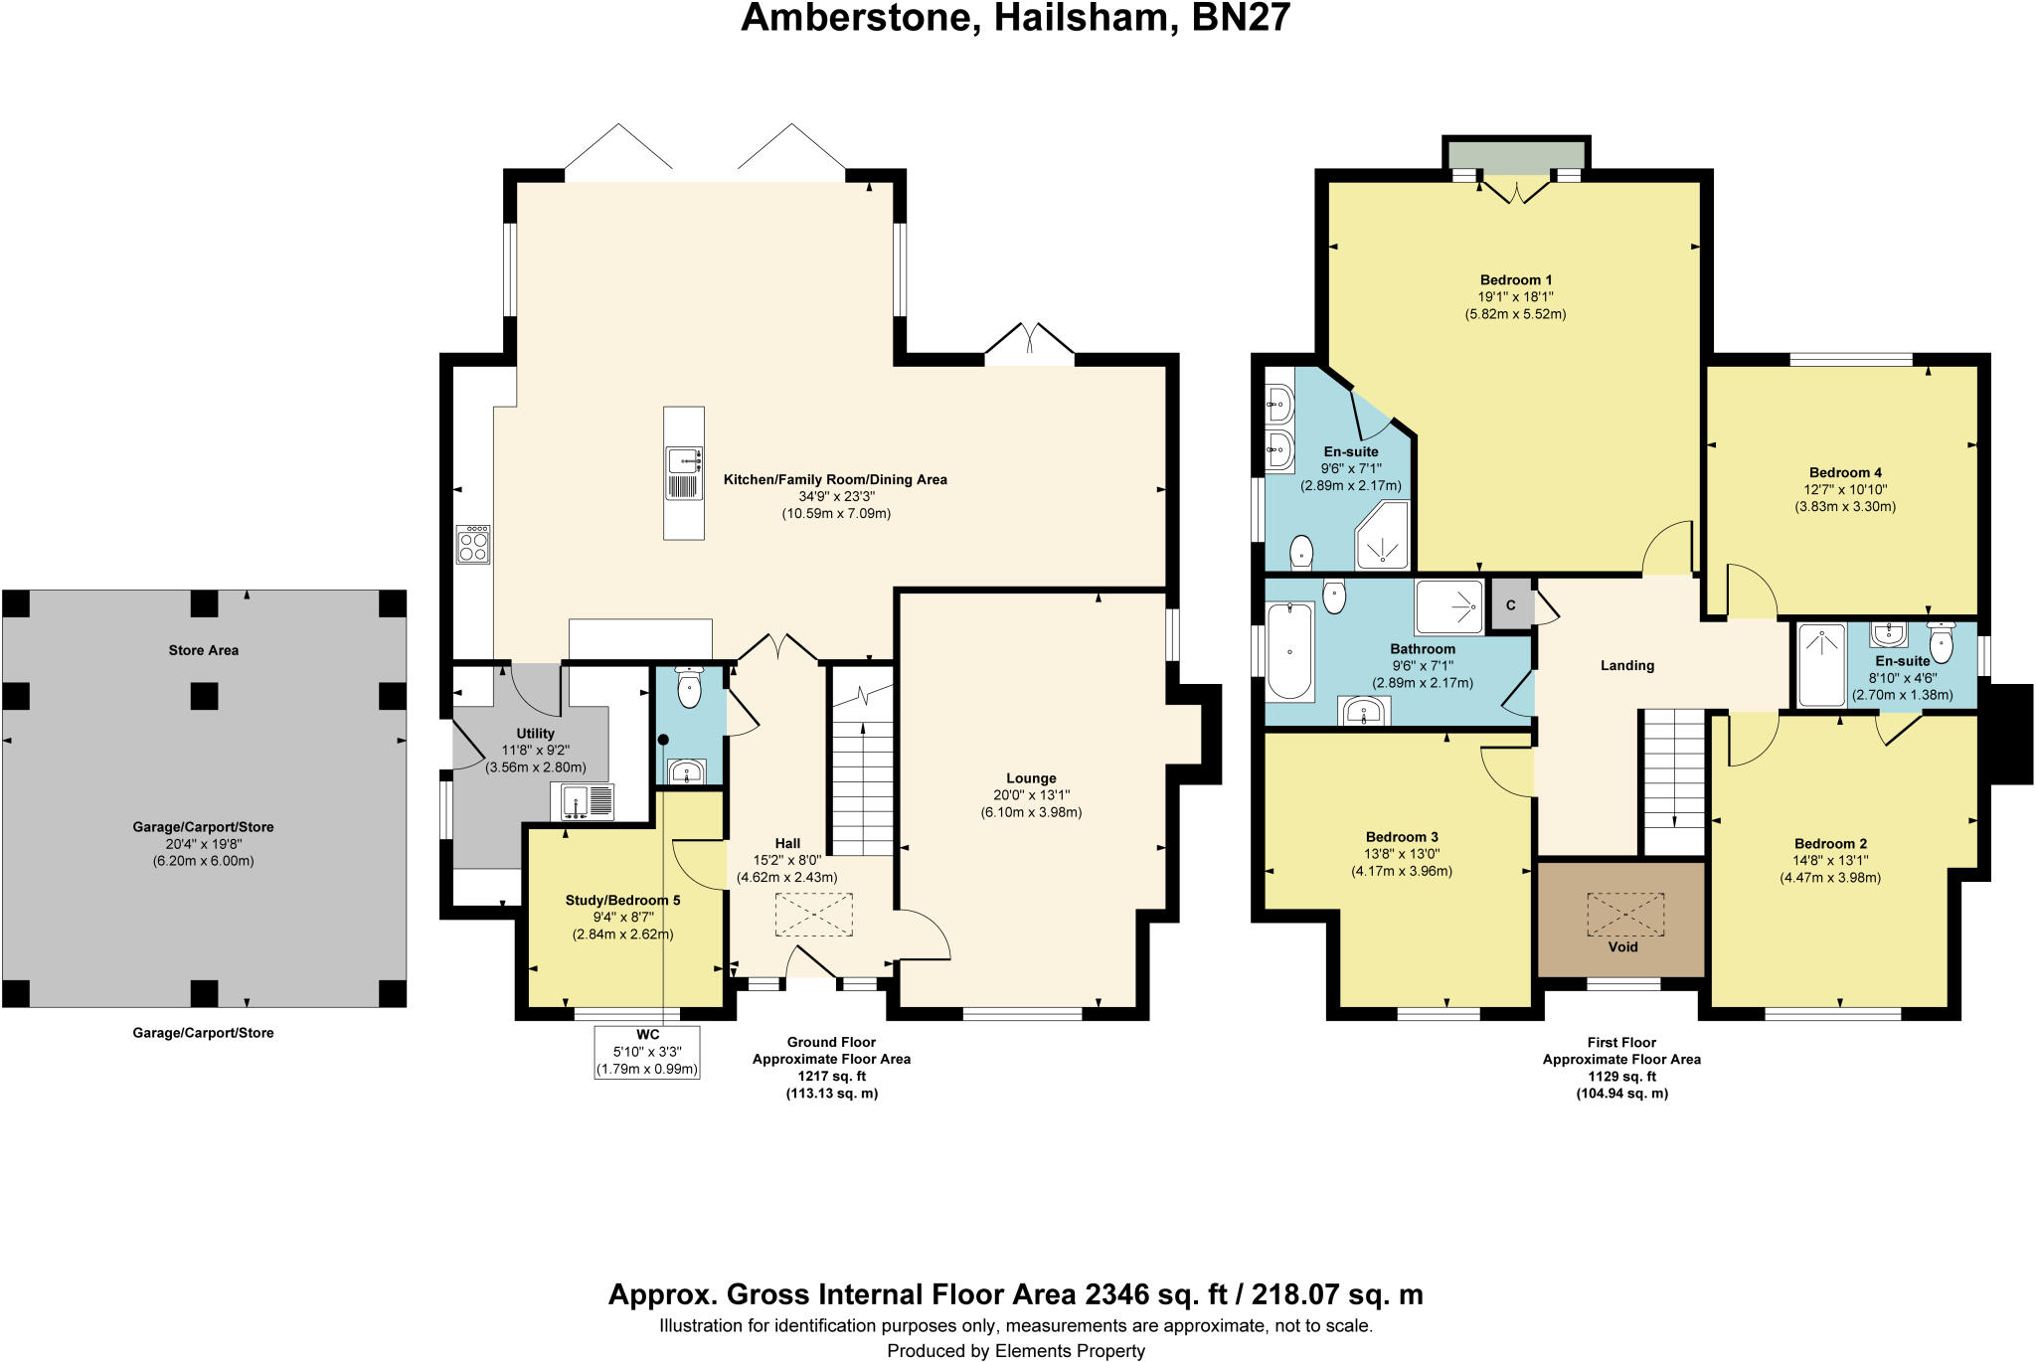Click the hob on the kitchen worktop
tap(473, 545)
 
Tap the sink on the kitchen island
tap(684, 461)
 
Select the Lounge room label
tap(1031, 778)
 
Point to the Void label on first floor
tap(1622, 946)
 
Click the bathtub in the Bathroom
tap(1289, 651)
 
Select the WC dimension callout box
tap(647, 1052)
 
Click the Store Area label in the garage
tap(203, 650)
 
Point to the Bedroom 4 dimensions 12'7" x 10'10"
tap(1845, 489)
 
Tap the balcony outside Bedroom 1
tap(1515, 157)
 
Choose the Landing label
tap(1626, 665)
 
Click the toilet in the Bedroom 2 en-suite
tap(1940, 642)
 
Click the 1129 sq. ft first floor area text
tap(1621, 1076)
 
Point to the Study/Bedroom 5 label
tap(622, 901)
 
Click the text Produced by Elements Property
tap(1015, 1350)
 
